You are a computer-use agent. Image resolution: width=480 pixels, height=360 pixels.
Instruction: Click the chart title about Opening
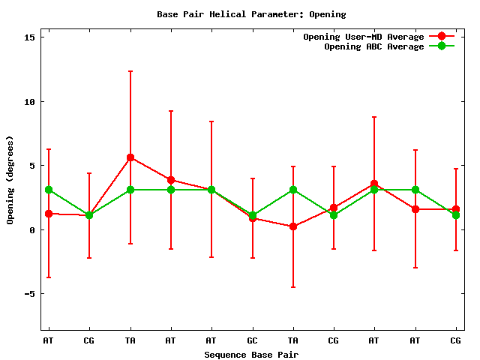click(x=241, y=14)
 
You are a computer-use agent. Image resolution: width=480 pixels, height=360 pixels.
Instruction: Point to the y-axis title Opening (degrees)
click(x=10, y=180)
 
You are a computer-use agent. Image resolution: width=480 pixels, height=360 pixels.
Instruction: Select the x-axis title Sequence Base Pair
click(x=251, y=354)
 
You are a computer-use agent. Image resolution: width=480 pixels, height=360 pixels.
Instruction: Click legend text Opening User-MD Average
click(x=363, y=37)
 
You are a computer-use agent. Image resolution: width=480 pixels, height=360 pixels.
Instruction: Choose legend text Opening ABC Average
click(x=373, y=46)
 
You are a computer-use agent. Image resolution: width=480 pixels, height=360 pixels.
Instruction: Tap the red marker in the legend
click(x=442, y=37)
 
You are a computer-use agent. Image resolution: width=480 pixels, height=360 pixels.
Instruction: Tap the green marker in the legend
click(x=442, y=46)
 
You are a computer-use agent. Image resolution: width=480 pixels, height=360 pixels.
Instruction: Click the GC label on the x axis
click(x=253, y=340)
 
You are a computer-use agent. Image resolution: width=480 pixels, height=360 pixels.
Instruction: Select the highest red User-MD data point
click(x=130, y=157)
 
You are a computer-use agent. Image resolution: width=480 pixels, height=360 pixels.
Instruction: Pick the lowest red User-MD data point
click(x=293, y=226)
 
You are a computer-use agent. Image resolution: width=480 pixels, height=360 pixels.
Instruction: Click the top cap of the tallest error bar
click(x=130, y=71)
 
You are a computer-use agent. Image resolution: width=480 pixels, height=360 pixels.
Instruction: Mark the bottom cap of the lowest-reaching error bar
click(x=293, y=287)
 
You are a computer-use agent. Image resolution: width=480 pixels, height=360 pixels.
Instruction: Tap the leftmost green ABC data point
click(x=49, y=190)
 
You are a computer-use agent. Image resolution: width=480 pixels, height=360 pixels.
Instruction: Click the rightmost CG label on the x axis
click(x=455, y=340)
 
